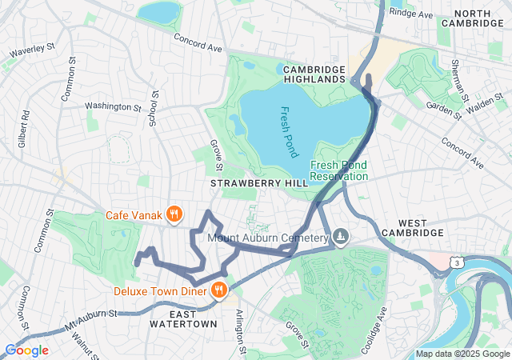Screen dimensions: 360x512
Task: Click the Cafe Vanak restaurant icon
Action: point(173,214)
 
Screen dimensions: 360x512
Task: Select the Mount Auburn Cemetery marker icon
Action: point(342,236)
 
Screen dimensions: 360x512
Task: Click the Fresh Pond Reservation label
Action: point(338,170)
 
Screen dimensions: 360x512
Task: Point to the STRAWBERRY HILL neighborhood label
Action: point(248,184)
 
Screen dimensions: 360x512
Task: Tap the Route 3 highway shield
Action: point(455,262)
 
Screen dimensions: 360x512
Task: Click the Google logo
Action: point(26,350)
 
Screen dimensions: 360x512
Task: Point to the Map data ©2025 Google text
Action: point(462,354)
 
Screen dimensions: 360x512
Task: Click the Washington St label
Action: point(112,106)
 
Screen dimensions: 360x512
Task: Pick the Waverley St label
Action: point(31,53)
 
